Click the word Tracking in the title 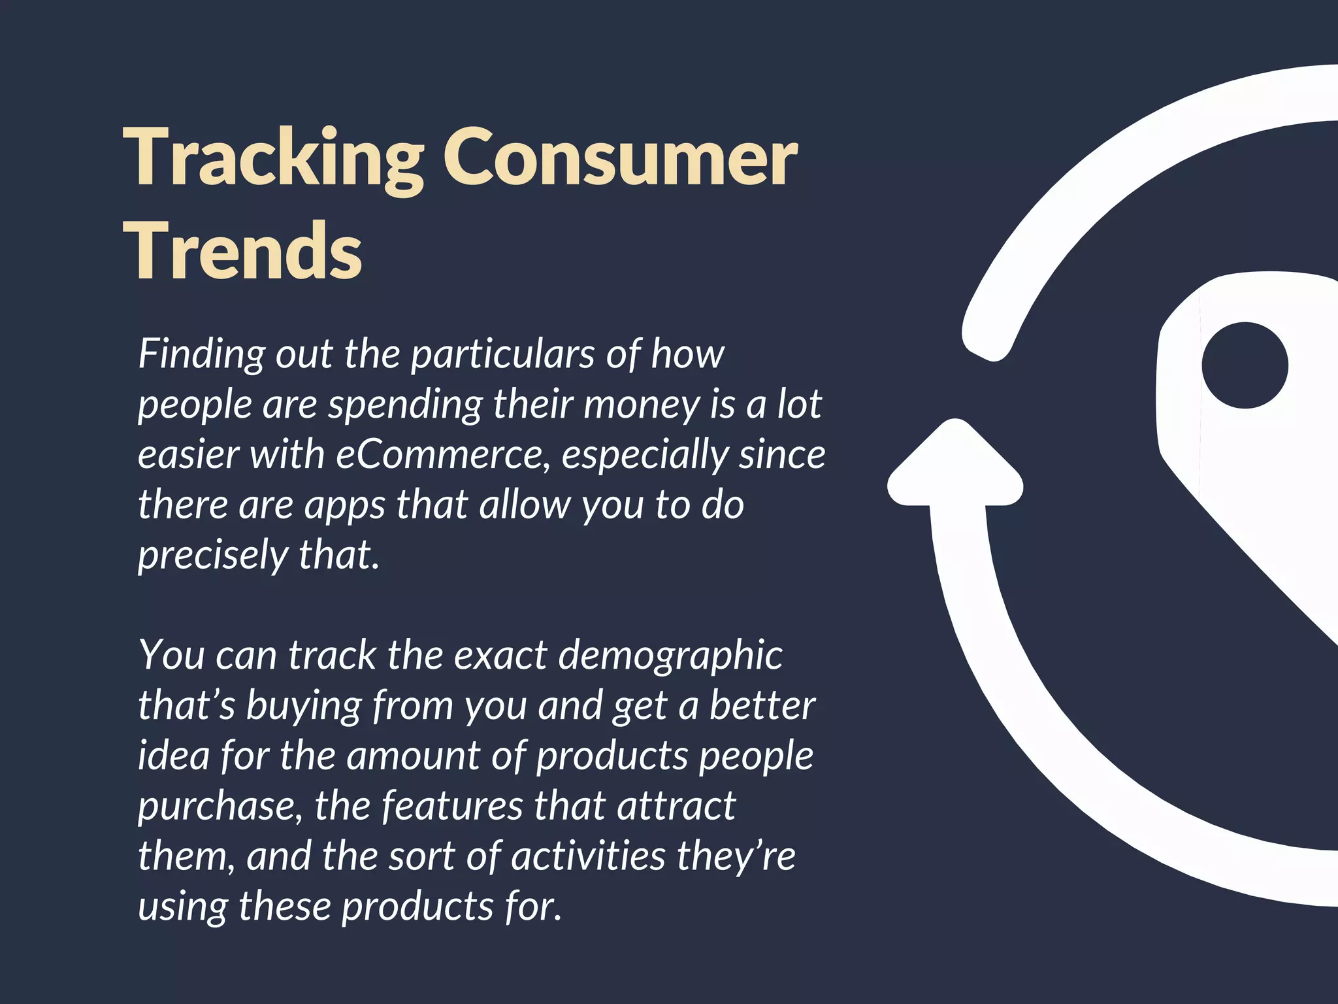(273, 159)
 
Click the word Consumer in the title (621, 159)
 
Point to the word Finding (201, 355)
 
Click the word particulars (502, 355)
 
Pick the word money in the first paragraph (642, 405)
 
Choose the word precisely (212, 556)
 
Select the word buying (303, 706)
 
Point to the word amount (413, 756)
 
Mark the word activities (588, 856)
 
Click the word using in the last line (182, 907)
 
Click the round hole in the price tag (1245, 365)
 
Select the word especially (644, 456)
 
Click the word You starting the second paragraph (171, 655)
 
